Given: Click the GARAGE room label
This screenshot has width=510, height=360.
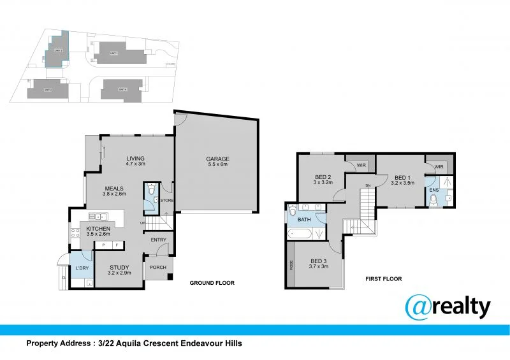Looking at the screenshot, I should pyautogui.click(x=217, y=159).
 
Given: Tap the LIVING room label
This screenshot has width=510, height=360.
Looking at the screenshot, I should pyautogui.click(x=135, y=159).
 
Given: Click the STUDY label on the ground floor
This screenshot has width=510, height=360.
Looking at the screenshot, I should pyautogui.click(x=119, y=268).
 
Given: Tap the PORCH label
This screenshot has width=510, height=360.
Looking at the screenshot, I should pyautogui.click(x=157, y=268).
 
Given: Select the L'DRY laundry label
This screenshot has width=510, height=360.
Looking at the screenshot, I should pyautogui.click(x=81, y=268).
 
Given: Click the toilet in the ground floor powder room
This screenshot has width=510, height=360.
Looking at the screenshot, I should pyautogui.click(x=150, y=189).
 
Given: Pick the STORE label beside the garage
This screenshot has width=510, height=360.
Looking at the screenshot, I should pyautogui.click(x=166, y=201).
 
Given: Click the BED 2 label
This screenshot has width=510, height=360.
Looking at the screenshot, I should pyautogui.click(x=323, y=176).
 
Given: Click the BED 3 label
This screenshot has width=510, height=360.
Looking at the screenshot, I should pyautogui.click(x=319, y=261).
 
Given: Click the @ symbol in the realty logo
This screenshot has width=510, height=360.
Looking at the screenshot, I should pyautogui.click(x=419, y=308).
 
